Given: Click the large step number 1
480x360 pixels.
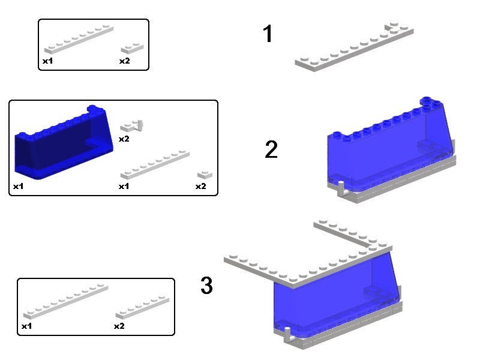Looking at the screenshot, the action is click(x=268, y=34).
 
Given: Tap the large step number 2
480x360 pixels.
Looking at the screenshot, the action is click(x=271, y=149).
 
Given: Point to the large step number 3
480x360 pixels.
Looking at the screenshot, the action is click(x=206, y=286).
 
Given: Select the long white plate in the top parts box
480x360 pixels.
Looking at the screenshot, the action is click(x=79, y=40).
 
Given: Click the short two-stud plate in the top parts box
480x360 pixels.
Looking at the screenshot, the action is click(x=132, y=48).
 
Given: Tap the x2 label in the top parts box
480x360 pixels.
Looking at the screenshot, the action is click(x=125, y=61).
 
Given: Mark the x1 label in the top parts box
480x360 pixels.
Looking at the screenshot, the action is click(x=48, y=61).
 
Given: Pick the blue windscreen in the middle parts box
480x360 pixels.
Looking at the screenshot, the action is click(x=64, y=142).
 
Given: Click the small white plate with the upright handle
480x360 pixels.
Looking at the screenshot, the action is click(x=131, y=126).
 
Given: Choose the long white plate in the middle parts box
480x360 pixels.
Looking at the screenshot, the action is click(x=155, y=164).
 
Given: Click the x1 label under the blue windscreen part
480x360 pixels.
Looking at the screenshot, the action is click(x=19, y=186).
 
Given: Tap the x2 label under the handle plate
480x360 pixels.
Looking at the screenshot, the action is click(x=124, y=139).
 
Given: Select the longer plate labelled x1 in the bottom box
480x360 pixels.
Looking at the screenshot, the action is click(x=65, y=301).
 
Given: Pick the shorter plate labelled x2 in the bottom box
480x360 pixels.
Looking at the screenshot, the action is click(x=142, y=307).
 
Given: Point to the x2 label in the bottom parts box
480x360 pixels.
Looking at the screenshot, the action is click(x=119, y=326).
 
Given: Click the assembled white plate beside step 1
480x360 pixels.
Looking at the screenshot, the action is click(x=354, y=46).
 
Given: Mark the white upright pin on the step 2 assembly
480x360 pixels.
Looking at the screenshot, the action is click(x=341, y=188).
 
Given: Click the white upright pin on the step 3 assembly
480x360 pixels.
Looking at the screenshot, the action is click(x=288, y=335).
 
